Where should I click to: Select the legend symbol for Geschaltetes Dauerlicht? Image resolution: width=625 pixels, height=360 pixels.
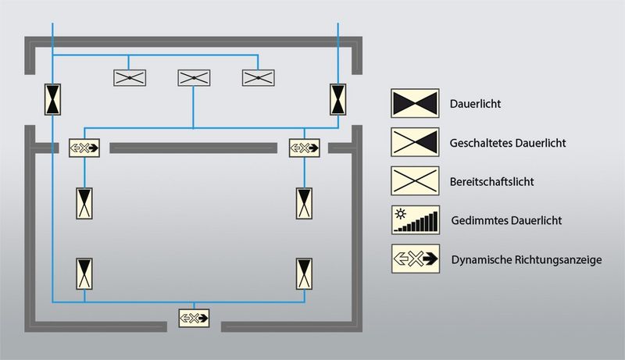[x=414, y=144]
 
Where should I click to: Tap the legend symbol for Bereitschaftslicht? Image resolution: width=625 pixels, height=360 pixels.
[x=414, y=182]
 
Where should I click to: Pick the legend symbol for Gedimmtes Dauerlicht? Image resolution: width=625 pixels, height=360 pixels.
[x=414, y=220]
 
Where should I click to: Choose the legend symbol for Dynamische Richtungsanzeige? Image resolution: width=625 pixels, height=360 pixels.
[x=414, y=258]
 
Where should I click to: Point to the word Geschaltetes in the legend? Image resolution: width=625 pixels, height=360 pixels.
[x=479, y=144]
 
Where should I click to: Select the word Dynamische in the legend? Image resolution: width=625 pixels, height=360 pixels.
[x=478, y=259]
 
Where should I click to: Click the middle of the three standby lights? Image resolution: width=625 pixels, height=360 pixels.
[x=194, y=77]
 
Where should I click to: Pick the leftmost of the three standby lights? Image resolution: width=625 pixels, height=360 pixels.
[x=130, y=77]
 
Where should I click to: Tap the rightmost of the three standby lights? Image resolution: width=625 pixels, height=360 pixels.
[x=258, y=77]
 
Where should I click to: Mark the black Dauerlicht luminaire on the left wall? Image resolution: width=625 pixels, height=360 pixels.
[x=52, y=99]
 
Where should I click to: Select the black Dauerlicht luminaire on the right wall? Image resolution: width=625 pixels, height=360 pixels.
[x=338, y=99]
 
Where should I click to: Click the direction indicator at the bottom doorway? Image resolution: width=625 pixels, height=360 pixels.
[x=194, y=317]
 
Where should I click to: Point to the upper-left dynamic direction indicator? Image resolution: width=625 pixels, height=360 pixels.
[x=84, y=147]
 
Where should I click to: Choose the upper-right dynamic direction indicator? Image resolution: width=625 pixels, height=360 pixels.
[x=305, y=147]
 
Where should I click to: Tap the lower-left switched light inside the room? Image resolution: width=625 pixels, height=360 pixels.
[x=84, y=272]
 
